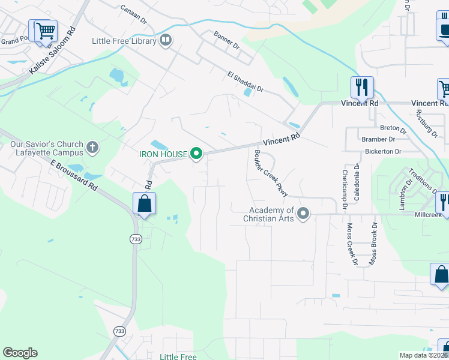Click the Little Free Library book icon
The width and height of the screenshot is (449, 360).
[x=166, y=41]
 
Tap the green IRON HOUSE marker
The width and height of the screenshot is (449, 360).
[x=196, y=155]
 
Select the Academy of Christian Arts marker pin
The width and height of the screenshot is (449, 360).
[x=304, y=214]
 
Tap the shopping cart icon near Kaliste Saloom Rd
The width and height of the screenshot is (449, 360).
[x=45, y=31]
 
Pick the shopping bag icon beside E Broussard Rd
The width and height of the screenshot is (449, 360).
[x=145, y=203]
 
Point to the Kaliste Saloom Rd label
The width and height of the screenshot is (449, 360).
[x=53, y=50]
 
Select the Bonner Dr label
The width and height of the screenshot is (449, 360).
[x=228, y=42]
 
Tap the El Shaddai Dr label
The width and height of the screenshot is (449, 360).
[x=246, y=82]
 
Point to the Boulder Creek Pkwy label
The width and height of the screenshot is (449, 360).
[x=271, y=172]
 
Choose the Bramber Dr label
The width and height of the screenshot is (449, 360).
[x=378, y=139]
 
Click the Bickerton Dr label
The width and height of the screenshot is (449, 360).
[x=382, y=152]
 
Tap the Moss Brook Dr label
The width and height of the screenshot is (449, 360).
[x=373, y=244]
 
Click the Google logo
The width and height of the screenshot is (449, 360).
[x=20, y=353]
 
